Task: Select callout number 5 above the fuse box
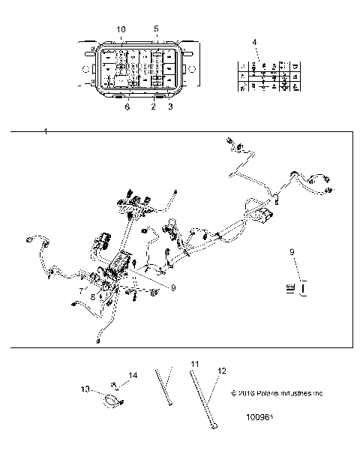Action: (156, 29)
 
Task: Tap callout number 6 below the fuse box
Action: (127, 107)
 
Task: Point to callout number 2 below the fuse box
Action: (154, 107)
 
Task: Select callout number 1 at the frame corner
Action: (46, 132)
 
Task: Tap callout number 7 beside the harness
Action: (81, 289)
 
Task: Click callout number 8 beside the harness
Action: (94, 298)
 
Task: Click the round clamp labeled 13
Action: (112, 402)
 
